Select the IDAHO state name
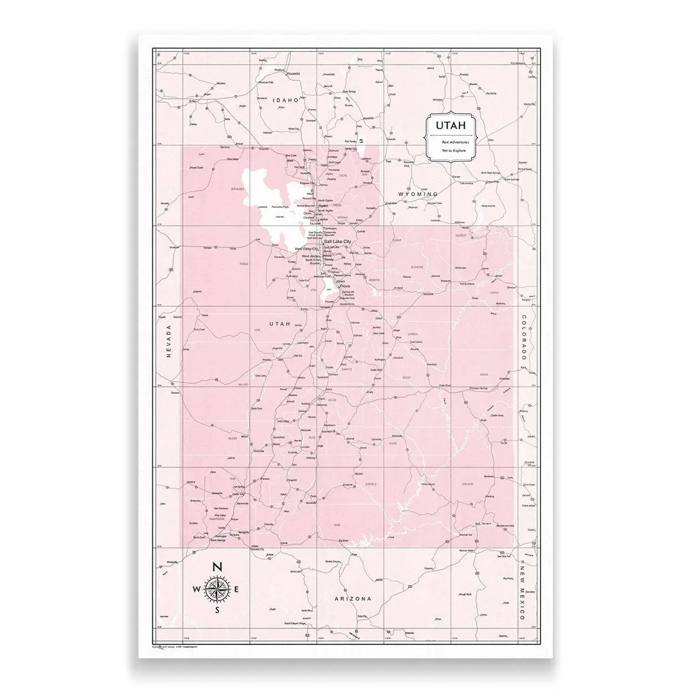287,100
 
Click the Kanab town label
284,544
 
